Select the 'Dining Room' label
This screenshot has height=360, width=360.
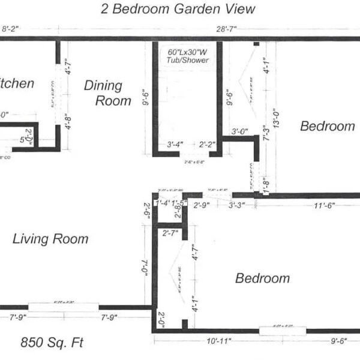pyautogui.click(x=107, y=93)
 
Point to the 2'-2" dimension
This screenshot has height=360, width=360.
pyautogui.click(x=208, y=144)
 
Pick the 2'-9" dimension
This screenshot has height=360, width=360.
pyautogui.click(x=202, y=205)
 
